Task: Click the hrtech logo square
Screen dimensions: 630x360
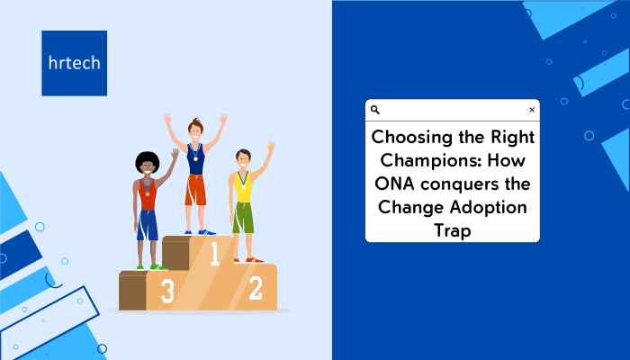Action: coord(75,63)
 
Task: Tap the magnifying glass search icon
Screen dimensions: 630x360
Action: coord(375,110)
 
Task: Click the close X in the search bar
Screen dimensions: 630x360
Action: coord(532,110)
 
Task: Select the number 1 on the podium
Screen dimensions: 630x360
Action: coord(215,254)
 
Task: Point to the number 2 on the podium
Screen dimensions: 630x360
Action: coord(256,288)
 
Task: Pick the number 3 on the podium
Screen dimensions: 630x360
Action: coord(167,291)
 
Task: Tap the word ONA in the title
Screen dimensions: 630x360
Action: coord(394,184)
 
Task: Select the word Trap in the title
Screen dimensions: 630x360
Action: coord(453,231)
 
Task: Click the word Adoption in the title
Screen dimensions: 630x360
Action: coord(488,208)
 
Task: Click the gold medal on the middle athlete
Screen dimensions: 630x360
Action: coord(195,158)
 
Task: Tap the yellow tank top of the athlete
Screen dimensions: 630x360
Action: coord(243,187)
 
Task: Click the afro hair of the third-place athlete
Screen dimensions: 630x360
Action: coord(147,161)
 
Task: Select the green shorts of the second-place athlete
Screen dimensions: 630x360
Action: coord(243,218)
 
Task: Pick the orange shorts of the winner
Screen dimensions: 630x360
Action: coord(195,190)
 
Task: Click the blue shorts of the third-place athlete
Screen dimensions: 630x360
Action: coord(147,225)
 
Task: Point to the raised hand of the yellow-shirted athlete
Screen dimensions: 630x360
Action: coord(271,146)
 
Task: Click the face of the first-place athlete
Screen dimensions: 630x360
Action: coord(195,131)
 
